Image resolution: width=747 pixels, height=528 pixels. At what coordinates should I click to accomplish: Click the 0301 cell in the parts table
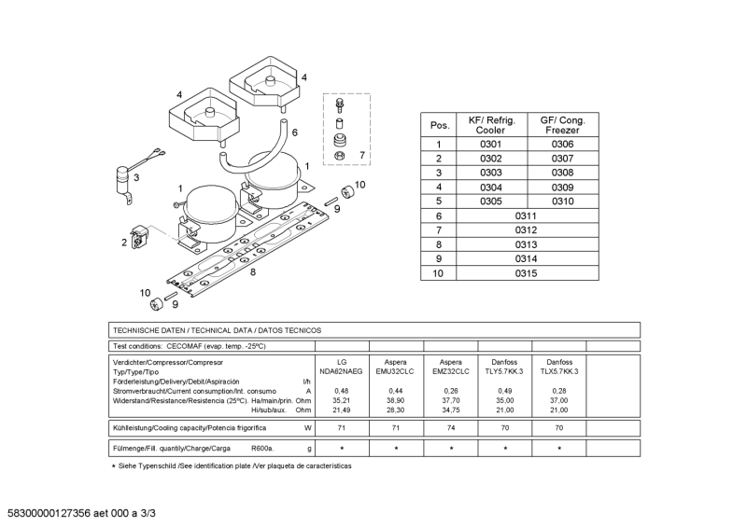pos(491,145)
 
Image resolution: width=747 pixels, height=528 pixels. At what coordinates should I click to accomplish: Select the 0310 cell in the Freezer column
pos(562,201)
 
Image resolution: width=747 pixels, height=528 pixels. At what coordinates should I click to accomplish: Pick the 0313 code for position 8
pos(527,244)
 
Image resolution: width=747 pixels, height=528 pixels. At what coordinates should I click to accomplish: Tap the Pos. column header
pos(439,125)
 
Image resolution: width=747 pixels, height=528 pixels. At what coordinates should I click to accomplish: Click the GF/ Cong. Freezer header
pos(562,125)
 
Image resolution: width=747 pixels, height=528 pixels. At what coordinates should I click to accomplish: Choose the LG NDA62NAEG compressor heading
pos(342,366)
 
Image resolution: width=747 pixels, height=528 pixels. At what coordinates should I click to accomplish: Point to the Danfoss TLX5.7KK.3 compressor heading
pos(559,366)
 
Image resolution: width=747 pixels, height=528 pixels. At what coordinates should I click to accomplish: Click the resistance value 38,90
pos(395,399)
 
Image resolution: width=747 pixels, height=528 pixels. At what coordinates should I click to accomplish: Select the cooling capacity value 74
pos(450,428)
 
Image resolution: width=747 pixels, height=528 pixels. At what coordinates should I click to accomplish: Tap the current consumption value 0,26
pos(450,390)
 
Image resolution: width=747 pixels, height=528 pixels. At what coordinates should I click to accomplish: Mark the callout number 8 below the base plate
pos(252,272)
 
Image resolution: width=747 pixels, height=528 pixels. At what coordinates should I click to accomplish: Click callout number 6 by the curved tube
pos(294,132)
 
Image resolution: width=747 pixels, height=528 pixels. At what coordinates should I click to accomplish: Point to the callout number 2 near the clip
pos(124,242)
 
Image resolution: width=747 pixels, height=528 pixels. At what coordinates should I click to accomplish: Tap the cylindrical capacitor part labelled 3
pos(121,176)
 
